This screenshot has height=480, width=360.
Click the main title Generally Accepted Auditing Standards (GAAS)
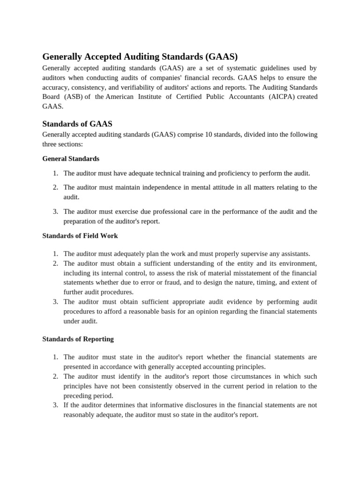click(x=140, y=57)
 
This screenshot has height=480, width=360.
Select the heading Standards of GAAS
click(x=77, y=124)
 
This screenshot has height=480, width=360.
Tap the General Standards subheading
click(x=71, y=158)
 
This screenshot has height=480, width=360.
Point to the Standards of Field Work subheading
click(x=80, y=235)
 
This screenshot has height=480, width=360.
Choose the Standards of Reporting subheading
click(x=78, y=338)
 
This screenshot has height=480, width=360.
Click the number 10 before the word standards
click(x=209, y=135)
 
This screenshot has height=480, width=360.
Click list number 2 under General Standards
click(x=55, y=187)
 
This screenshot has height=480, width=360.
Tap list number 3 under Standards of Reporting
click(x=55, y=405)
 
